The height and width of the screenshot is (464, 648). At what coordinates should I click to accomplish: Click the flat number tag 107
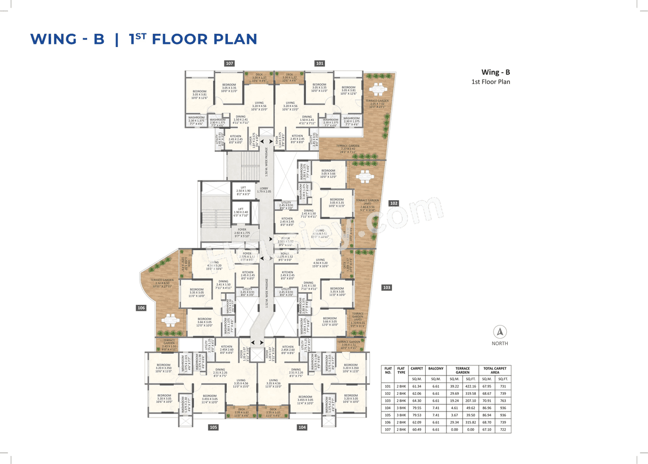(x=230, y=63)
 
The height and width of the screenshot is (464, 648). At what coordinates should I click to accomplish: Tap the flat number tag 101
(x=319, y=63)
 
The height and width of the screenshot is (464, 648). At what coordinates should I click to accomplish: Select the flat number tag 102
(x=394, y=203)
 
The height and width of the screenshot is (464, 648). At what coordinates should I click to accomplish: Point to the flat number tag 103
(x=387, y=287)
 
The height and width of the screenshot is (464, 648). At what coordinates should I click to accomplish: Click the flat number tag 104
(x=302, y=427)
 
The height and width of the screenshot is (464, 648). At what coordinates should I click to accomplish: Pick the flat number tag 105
(x=213, y=427)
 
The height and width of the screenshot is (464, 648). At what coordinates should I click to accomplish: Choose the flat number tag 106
(x=141, y=308)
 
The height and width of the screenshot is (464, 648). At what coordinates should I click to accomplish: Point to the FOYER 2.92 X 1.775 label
(x=242, y=231)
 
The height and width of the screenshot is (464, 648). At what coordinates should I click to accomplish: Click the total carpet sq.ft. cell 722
(x=502, y=429)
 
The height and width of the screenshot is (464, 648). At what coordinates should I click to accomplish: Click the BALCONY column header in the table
(x=435, y=368)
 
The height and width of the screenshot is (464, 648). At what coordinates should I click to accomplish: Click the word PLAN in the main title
(x=231, y=39)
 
